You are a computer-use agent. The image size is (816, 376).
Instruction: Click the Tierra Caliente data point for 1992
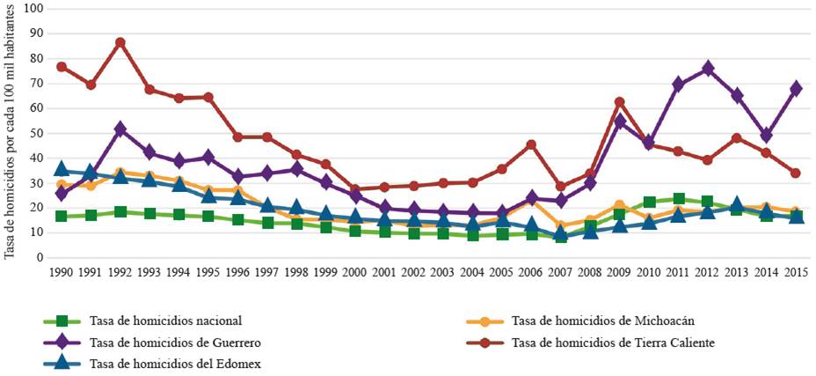pos(120,42)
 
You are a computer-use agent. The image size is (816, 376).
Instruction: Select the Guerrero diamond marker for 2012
pos(707,69)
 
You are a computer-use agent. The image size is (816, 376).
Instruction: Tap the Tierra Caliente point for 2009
pos(619,102)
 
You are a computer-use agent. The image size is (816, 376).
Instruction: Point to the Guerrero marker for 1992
pos(120,129)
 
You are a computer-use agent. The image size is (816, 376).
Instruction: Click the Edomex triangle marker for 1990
pos(61,169)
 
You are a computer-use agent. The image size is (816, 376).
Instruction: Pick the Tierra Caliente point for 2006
pos(530,144)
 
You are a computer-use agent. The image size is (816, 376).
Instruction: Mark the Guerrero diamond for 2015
pos(795,88)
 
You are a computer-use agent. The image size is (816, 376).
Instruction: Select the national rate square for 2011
pos(678,199)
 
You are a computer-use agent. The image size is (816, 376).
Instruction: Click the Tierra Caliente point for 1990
pos(62,67)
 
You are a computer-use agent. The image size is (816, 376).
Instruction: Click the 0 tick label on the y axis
pos(40,257)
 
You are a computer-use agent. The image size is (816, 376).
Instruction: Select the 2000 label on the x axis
pos(354,273)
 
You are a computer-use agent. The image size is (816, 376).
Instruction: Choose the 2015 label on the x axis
pos(795,273)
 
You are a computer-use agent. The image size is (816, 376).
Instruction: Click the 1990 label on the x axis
pos(61,273)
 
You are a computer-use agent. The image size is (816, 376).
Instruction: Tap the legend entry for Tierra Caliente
pos(608,342)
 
